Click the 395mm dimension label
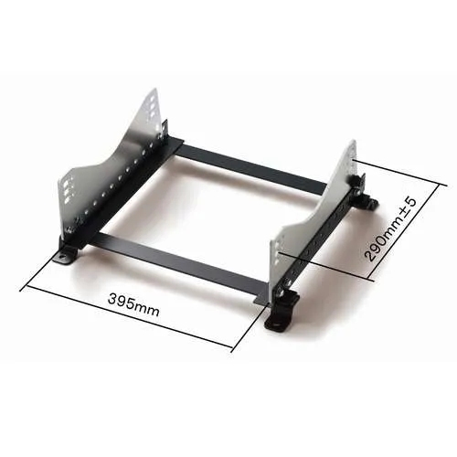133,301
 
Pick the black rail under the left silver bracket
119,197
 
